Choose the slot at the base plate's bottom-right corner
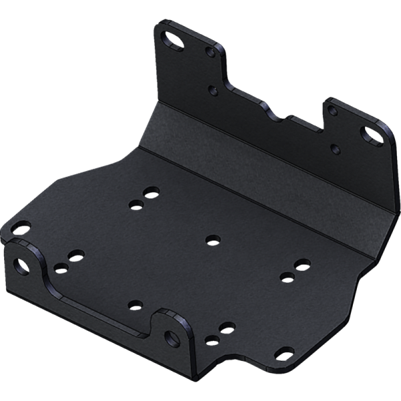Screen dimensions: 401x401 [285, 352]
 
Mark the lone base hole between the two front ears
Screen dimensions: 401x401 [136, 305]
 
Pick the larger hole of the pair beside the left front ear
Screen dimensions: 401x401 [76, 256]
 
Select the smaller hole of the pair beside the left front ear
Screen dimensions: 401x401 [61, 269]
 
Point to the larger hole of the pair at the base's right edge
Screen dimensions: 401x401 [302, 268]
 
